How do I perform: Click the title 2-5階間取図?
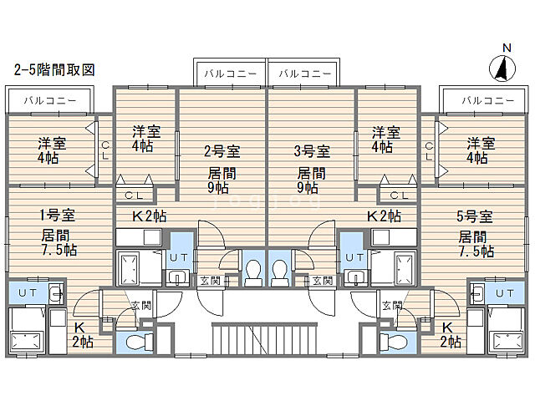pyautogui.click(x=53, y=70)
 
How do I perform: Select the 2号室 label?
pyautogui.click(x=222, y=151)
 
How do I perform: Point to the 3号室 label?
pyautogui.click(x=312, y=151)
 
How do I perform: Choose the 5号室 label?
pyautogui.click(x=475, y=216)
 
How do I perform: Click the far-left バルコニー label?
pyautogui.click(x=50, y=101)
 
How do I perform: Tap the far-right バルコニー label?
pyautogui.click(x=487, y=101)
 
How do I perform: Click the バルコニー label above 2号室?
pyautogui.click(x=230, y=74)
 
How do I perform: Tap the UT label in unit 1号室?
pyautogui.click(x=27, y=293)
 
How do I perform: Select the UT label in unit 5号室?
pyautogui.click(x=503, y=293)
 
